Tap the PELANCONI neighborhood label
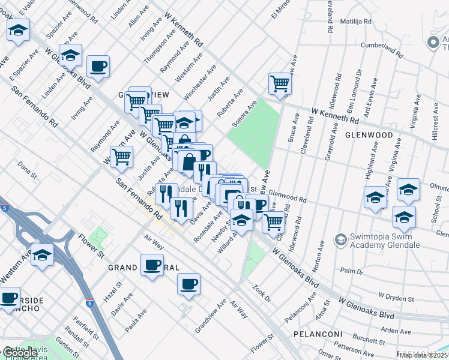[x=318, y=334]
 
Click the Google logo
[x=19, y=353]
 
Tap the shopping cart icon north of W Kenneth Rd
[x=280, y=84]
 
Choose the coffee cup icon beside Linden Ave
[x=98, y=66]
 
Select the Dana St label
[x=28, y=165]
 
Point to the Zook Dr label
[x=262, y=295]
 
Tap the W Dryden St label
[x=396, y=298]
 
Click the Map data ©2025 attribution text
[x=424, y=355]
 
